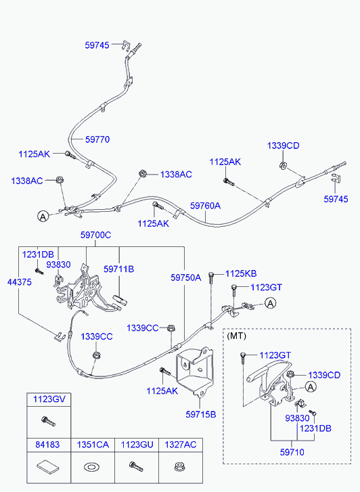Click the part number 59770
97,139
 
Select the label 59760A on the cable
205,206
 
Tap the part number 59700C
95,235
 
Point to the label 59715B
201,414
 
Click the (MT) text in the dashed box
236,336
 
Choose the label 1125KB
241,273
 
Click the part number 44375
20,282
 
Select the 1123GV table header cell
49,399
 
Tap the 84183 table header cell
49,445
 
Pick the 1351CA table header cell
93,445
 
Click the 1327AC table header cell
181,445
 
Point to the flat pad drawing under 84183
48,466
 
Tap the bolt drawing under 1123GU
136,466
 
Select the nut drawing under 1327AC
179,466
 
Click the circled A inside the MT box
311,387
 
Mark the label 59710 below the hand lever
292,452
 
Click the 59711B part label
118,269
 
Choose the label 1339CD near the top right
283,146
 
